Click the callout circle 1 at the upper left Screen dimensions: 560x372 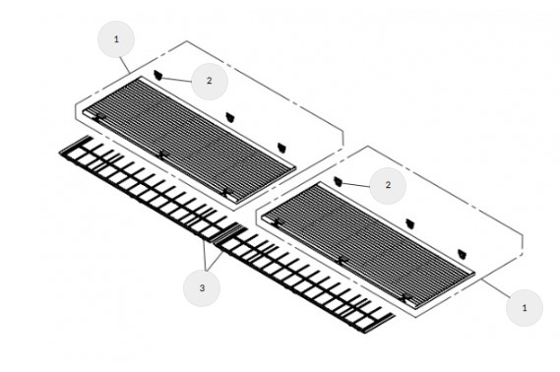point(116,39)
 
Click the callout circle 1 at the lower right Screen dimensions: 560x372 point(525,308)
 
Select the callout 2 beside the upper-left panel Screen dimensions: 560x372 point(210,81)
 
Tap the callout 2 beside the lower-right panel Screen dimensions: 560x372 point(388,185)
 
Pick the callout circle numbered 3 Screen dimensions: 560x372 point(202,287)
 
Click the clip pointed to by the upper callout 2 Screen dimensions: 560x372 point(158,75)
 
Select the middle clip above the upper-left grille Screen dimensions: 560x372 point(230,117)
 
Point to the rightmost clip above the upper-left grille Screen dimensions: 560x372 point(282,147)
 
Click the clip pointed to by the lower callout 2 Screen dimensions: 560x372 point(338,181)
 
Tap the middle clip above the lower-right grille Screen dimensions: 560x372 point(410,223)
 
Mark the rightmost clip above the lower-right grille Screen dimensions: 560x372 point(463,254)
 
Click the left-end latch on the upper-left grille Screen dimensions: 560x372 point(98,116)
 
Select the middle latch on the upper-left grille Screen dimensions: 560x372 point(161,154)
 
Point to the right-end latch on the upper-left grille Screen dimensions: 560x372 point(225,192)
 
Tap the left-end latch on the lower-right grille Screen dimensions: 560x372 point(278,222)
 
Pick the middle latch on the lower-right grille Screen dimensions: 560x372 point(342,260)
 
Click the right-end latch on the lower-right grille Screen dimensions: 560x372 point(405,298)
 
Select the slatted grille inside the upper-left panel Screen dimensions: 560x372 point(189,141)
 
